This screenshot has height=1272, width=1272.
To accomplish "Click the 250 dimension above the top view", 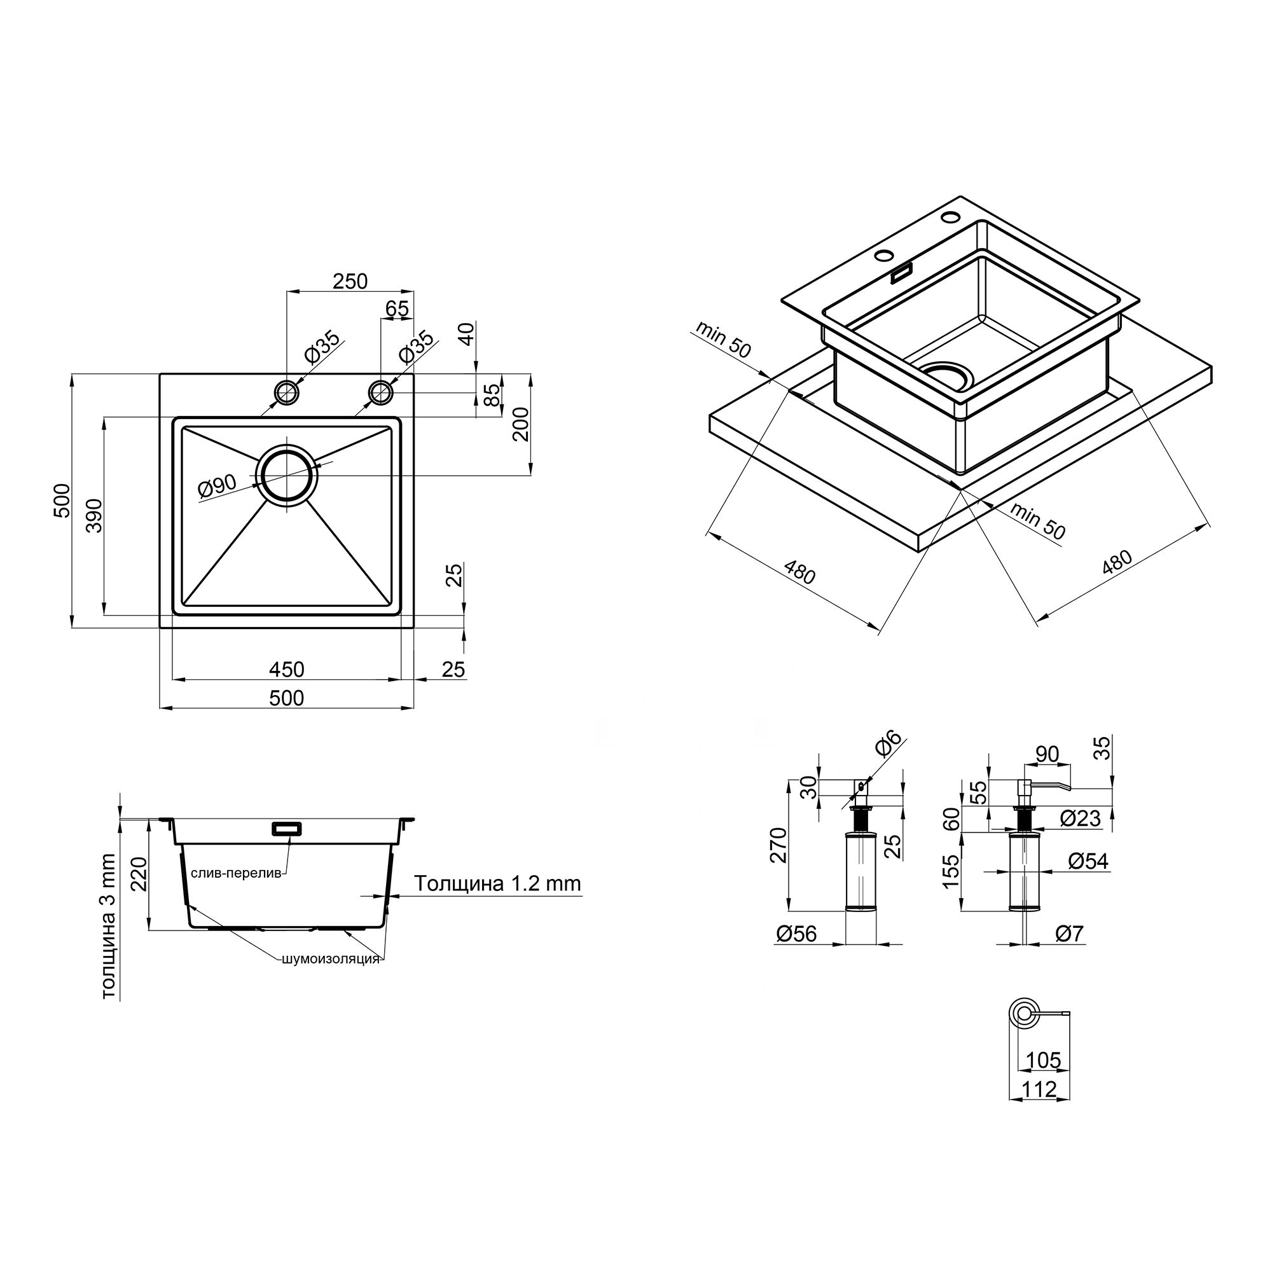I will point(350,281).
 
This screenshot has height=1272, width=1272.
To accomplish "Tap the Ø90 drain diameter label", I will point(217,486).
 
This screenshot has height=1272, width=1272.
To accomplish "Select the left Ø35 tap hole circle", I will point(287,393).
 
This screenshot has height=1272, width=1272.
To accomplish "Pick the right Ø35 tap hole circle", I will point(380,393).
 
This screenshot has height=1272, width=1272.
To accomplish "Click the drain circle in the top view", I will point(287,475).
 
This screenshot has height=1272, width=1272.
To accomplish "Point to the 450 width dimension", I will point(286,670).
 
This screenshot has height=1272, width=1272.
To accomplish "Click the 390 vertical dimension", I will point(95,516).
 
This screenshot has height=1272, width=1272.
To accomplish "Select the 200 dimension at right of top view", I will point(521,425).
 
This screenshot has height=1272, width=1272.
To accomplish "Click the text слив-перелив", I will point(237,873).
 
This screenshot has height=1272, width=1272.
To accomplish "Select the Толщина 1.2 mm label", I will point(498,883).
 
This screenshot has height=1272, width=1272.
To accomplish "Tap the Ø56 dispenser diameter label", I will point(796,934).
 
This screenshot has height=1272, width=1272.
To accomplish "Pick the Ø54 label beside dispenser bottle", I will point(1088,861).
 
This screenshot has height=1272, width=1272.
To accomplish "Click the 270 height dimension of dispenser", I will point(778,845).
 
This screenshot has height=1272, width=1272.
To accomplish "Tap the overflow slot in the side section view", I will point(287,828).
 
